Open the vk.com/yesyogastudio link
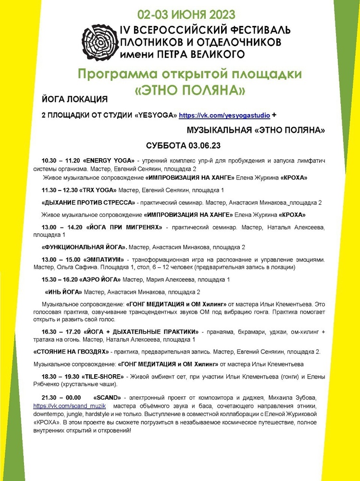(x=224, y=115)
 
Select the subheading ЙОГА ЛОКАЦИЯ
(x=75, y=100)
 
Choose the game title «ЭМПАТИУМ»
(x=104, y=260)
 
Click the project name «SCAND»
(x=108, y=398)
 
